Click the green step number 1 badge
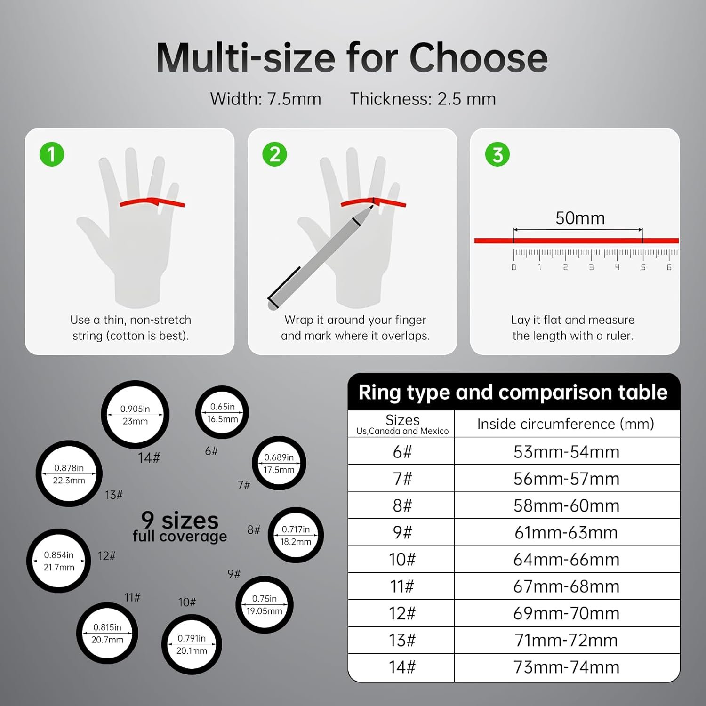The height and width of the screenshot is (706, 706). [x=52, y=154]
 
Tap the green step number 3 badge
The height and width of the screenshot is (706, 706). [x=497, y=154]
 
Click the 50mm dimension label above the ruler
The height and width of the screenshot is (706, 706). [x=580, y=218]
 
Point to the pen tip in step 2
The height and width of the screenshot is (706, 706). [x=371, y=207]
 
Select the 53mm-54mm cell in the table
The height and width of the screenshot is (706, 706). [x=566, y=452]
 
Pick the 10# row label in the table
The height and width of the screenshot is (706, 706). [x=402, y=560]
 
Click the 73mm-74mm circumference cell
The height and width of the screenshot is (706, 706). [x=566, y=667]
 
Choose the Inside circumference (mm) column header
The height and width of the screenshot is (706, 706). [x=566, y=424]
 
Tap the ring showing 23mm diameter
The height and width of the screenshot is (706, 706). [x=135, y=415]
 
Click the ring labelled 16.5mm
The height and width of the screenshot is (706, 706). [x=222, y=413]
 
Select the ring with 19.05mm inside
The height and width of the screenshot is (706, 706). [x=264, y=605]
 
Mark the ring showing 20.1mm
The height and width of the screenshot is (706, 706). [x=192, y=644]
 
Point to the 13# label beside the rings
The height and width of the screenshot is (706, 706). [x=113, y=495]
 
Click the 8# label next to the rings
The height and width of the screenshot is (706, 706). [x=254, y=530]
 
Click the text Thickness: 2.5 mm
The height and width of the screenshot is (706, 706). [x=423, y=99]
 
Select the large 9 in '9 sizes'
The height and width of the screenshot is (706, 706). [x=148, y=520]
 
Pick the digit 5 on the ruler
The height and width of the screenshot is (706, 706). [x=643, y=267]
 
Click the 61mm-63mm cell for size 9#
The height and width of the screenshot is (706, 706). [x=566, y=533]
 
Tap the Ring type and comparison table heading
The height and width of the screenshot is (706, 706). [x=513, y=393]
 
